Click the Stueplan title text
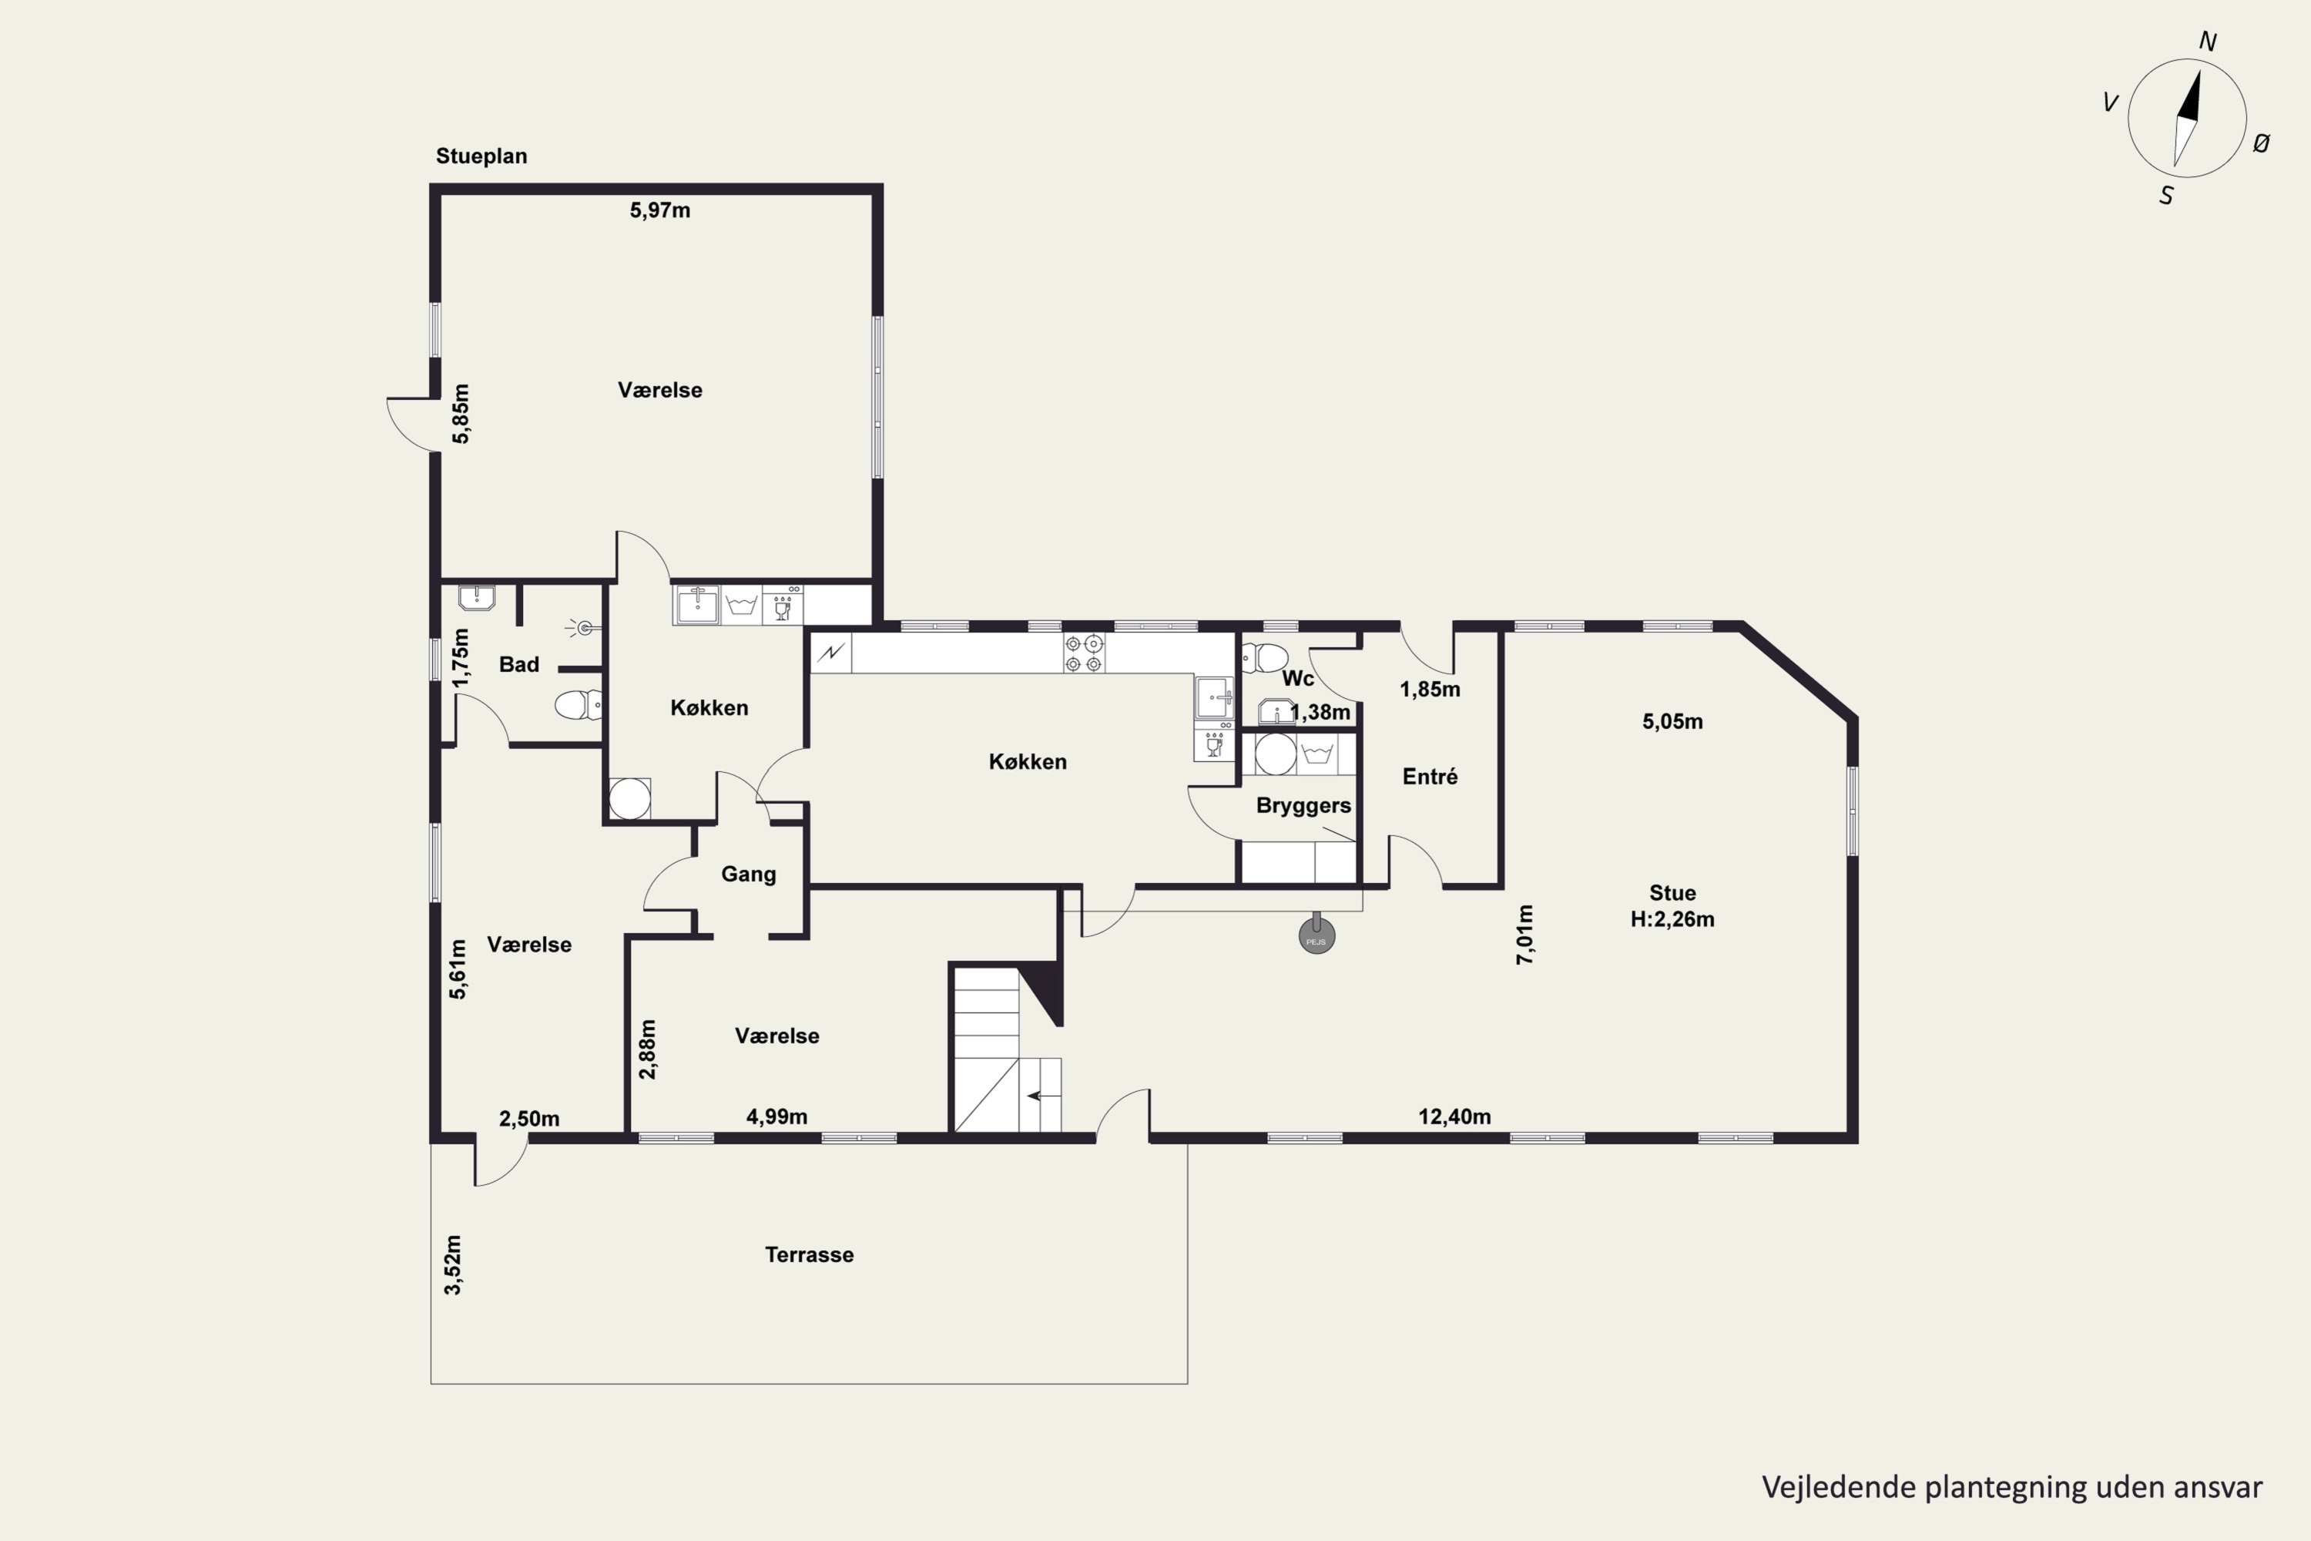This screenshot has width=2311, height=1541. click(x=481, y=156)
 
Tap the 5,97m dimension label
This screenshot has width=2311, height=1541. click(x=660, y=210)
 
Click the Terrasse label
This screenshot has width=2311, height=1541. click(x=810, y=1255)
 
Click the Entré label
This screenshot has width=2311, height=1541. click(x=1430, y=777)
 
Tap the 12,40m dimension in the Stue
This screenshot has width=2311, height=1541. click(x=1454, y=1116)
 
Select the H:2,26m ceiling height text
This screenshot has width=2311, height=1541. click(x=1672, y=920)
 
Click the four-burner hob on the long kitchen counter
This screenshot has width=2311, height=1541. click(x=1083, y=653)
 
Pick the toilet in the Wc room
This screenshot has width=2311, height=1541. click(x=1266, y=657)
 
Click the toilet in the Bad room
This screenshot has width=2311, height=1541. click(x=579, y=705)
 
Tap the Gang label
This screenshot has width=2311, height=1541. click(x=749, y=875)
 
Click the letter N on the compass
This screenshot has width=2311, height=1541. click(x=2207, y=42)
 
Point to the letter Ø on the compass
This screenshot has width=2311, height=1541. click(x=2261, y=143)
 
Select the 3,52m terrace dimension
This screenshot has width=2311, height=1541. click(x=452, y=1265)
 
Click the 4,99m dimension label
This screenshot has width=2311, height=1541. click(x=777, y=1116)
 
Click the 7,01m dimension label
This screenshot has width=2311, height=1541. click(x=1525, y=935)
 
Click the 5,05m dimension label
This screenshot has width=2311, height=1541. click(x=1672, y=721)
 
